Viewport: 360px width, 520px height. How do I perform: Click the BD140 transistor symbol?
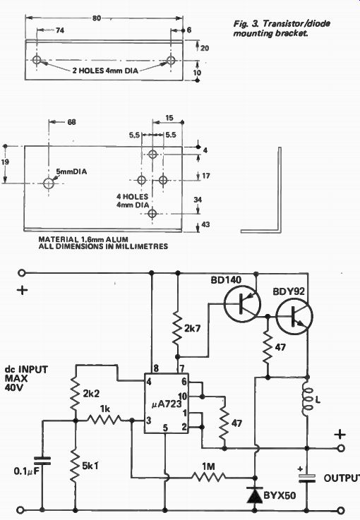242,304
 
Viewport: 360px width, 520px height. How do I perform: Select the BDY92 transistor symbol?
294,316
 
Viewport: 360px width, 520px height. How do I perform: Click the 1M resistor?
209,478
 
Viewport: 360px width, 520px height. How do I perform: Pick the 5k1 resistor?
76,466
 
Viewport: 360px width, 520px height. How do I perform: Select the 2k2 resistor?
76,394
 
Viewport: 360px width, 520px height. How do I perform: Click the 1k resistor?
104,421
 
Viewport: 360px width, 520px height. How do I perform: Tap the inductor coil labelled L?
307,400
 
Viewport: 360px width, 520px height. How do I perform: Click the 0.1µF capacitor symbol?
42,461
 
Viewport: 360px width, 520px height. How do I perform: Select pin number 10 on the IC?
183,396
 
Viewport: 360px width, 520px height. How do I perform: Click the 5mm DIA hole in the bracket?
49,183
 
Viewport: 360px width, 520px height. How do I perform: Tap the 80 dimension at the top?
97,18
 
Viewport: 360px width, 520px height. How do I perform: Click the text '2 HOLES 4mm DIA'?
105,71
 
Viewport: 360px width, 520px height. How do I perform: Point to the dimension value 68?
71,122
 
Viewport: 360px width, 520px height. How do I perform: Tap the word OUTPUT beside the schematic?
342,478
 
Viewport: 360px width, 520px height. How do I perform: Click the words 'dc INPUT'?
27,370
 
